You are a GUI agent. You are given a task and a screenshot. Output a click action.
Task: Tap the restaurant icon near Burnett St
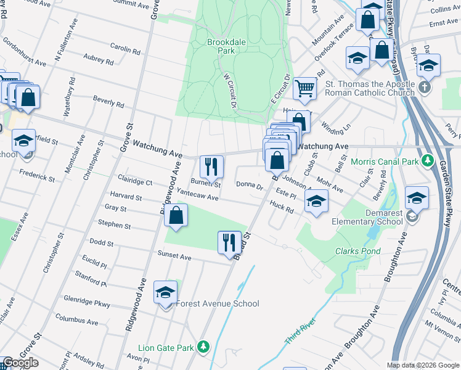[x=211, y=166]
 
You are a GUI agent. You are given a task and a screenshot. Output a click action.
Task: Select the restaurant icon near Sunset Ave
[x=229, y=241]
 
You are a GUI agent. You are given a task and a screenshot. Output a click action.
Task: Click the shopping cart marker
[x=304, y=88]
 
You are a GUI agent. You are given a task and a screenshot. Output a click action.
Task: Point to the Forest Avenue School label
[x=218, y=303]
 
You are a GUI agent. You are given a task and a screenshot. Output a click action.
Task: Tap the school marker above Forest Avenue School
[x=165, y=292]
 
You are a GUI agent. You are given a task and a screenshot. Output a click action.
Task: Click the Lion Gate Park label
[x=166, y=348]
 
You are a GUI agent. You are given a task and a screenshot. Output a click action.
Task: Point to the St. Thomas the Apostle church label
[x=370, y=88]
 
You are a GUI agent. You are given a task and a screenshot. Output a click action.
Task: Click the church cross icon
[x=424, y=87]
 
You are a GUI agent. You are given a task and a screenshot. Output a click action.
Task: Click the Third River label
[x=300, y=332]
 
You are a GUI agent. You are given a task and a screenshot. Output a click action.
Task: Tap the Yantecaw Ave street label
[x=198, y=194]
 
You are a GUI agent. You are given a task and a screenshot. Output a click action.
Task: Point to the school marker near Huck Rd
[x=316, y=200]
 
